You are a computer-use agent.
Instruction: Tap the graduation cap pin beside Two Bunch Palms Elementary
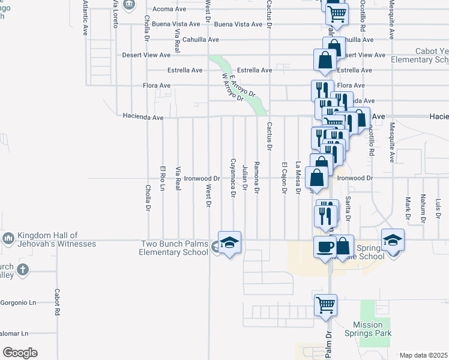click(229, 243)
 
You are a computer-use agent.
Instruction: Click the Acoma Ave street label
click(172, 10)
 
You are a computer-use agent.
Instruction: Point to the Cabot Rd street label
click(57, 303)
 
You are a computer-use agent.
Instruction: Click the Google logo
click(20, 353)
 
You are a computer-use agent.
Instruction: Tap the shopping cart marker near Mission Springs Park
click(325, 304)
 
